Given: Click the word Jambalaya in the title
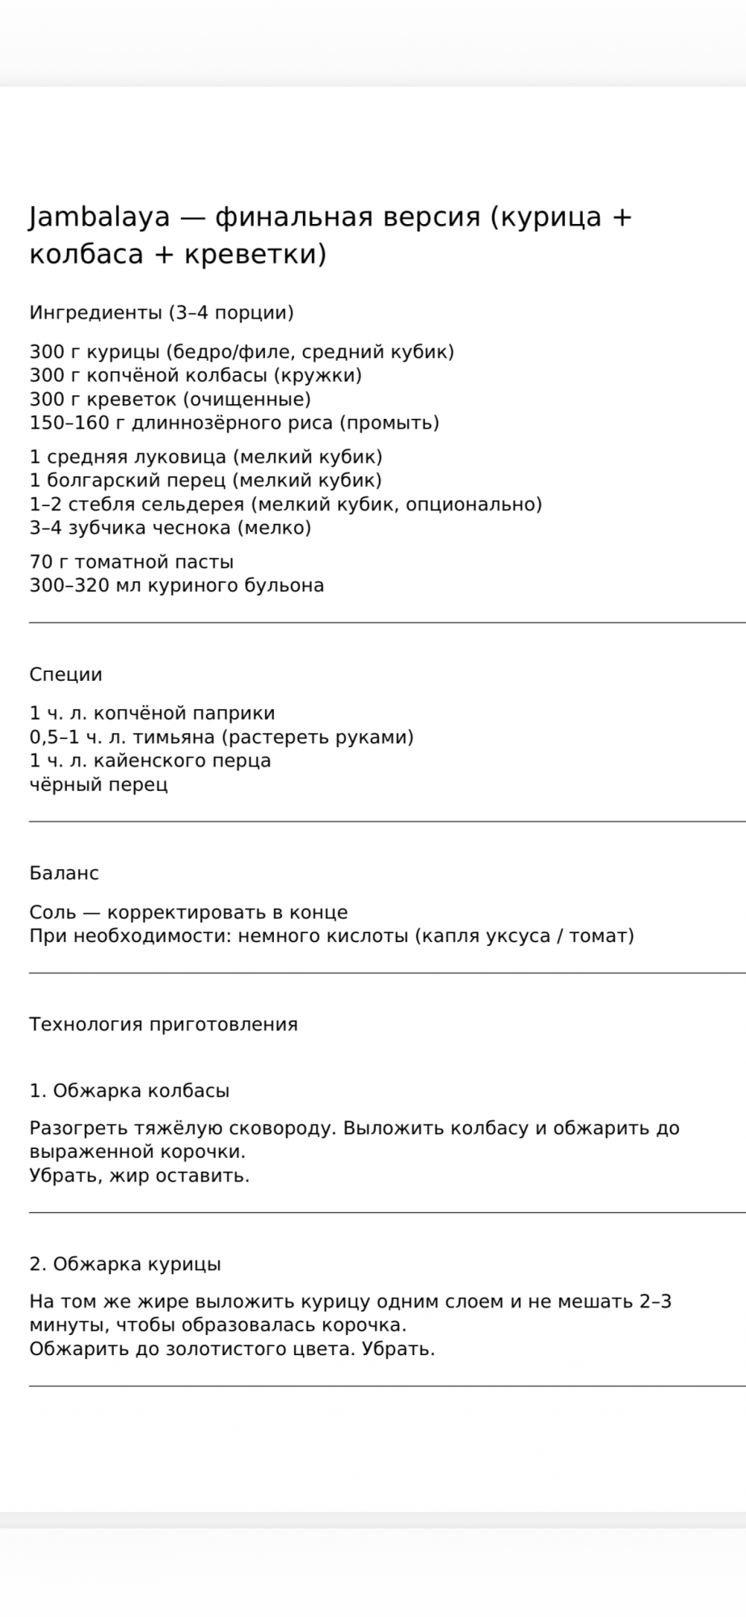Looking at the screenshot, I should click(99, 217).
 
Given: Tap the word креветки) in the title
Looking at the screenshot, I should click(255, 254).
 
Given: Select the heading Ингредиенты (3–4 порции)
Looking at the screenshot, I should click(161, 312).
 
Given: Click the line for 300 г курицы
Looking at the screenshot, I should click(242, 352).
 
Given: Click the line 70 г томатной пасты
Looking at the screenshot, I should click(132, 562).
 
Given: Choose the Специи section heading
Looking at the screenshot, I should click(65, 674).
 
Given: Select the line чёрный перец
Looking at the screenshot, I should click(99, 784).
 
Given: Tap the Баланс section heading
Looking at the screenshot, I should click(64, 873).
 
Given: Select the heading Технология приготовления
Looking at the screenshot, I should click(163, 1024).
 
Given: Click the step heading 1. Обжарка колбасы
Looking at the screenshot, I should click(129, 1091).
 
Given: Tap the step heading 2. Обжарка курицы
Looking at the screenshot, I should click(125, 1264).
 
